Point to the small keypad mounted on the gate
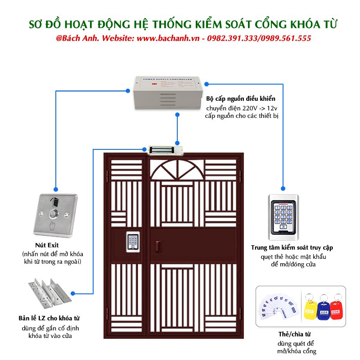click(x=133, y=243)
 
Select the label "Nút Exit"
click(x=50, y=245)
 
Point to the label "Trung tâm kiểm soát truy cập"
click(x=292, y=247)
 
